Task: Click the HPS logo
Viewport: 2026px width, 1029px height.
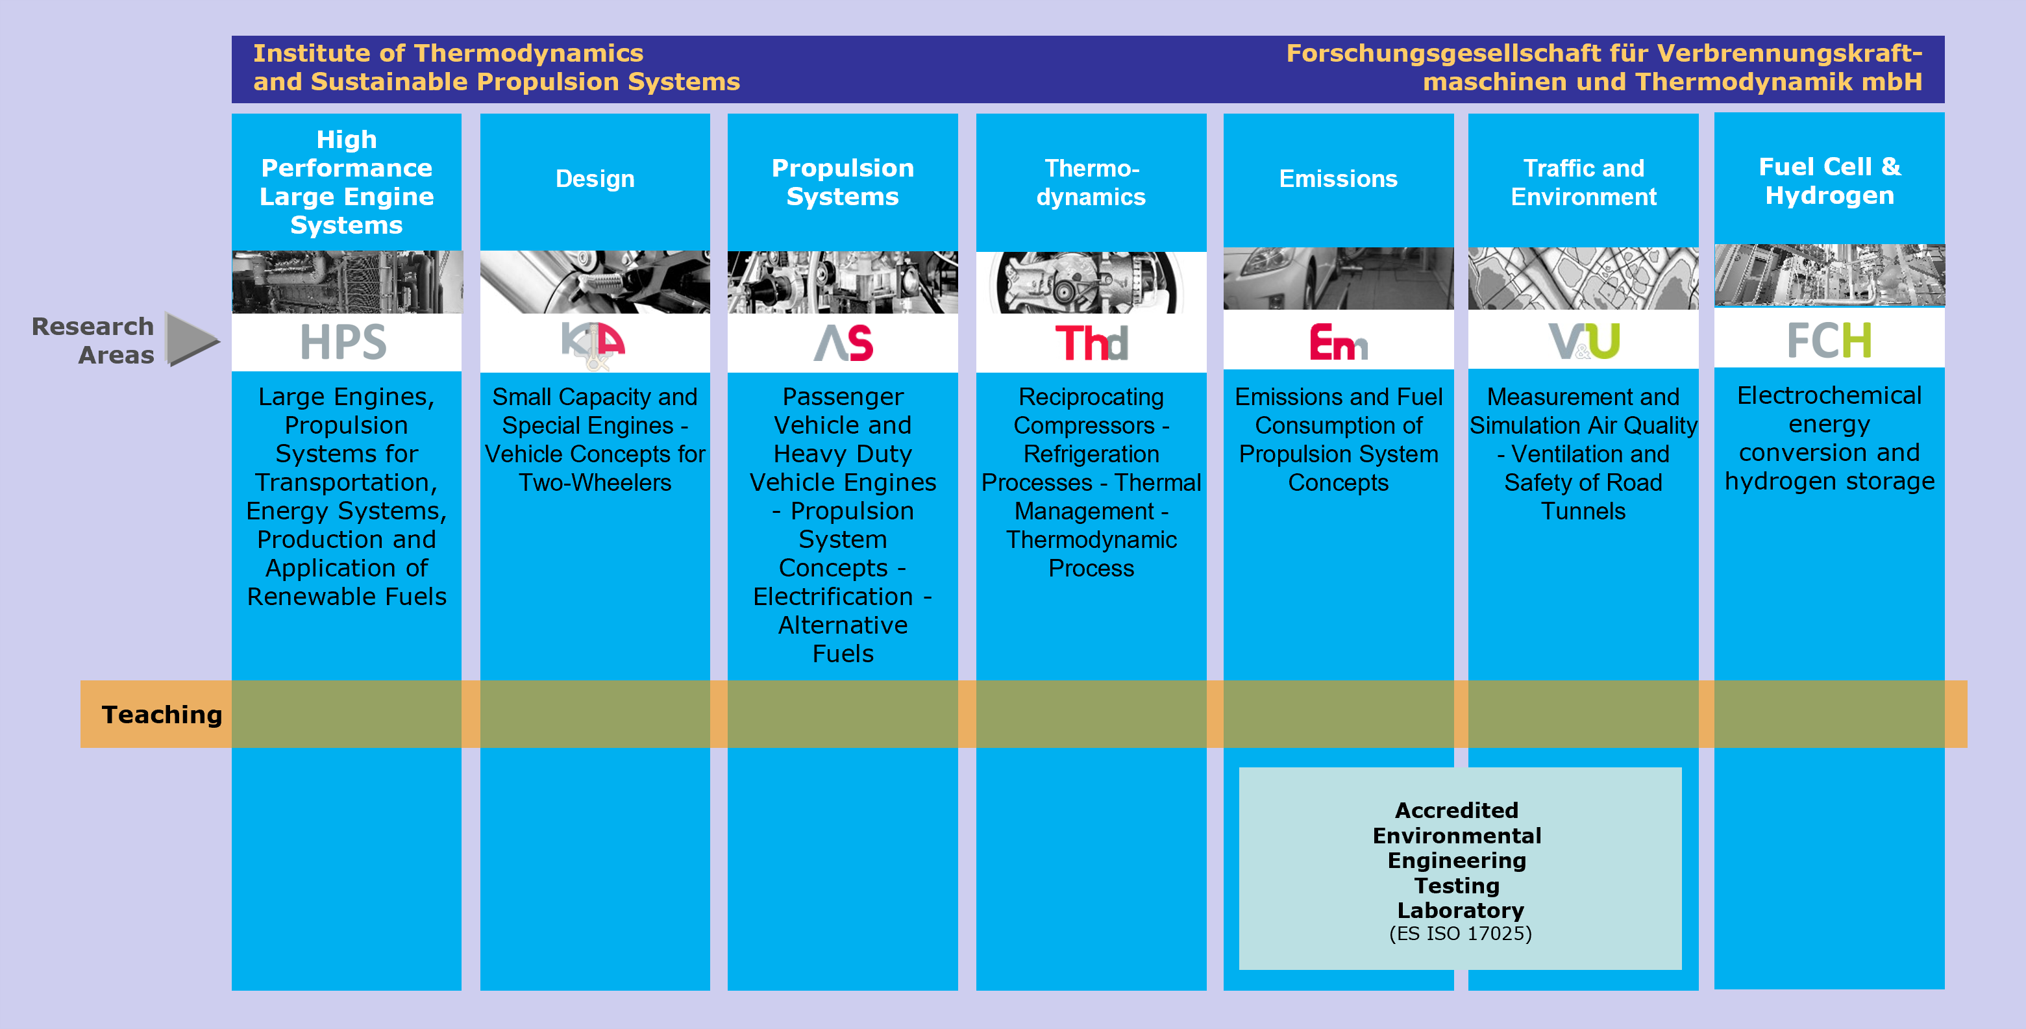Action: coord(343,342)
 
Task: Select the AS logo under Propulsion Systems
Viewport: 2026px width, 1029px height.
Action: coord(843,343)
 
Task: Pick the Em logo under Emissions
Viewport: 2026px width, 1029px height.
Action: coord(1338,341)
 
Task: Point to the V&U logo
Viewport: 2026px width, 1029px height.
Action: coord(1584,341)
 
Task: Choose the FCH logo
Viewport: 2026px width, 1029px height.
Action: coord(1829,340)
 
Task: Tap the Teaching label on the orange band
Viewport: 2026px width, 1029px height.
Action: coord(162,714)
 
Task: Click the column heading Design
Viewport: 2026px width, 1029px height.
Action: coord(595,179)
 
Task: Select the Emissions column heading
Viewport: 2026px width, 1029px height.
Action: coord(1338,179)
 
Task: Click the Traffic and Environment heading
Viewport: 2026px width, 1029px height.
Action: coord(1583,182)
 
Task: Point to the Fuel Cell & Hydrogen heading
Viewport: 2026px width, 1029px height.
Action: coord(1829,181)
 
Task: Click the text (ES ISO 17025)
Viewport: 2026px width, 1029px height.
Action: coord(1461,934)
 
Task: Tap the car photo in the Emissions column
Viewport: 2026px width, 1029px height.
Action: coord(1338,279)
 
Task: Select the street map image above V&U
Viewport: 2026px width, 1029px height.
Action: coord(1583,279)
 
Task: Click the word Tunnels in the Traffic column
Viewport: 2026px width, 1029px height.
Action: coord(1583,512)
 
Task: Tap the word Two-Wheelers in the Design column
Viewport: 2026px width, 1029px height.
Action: coord(595,483)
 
